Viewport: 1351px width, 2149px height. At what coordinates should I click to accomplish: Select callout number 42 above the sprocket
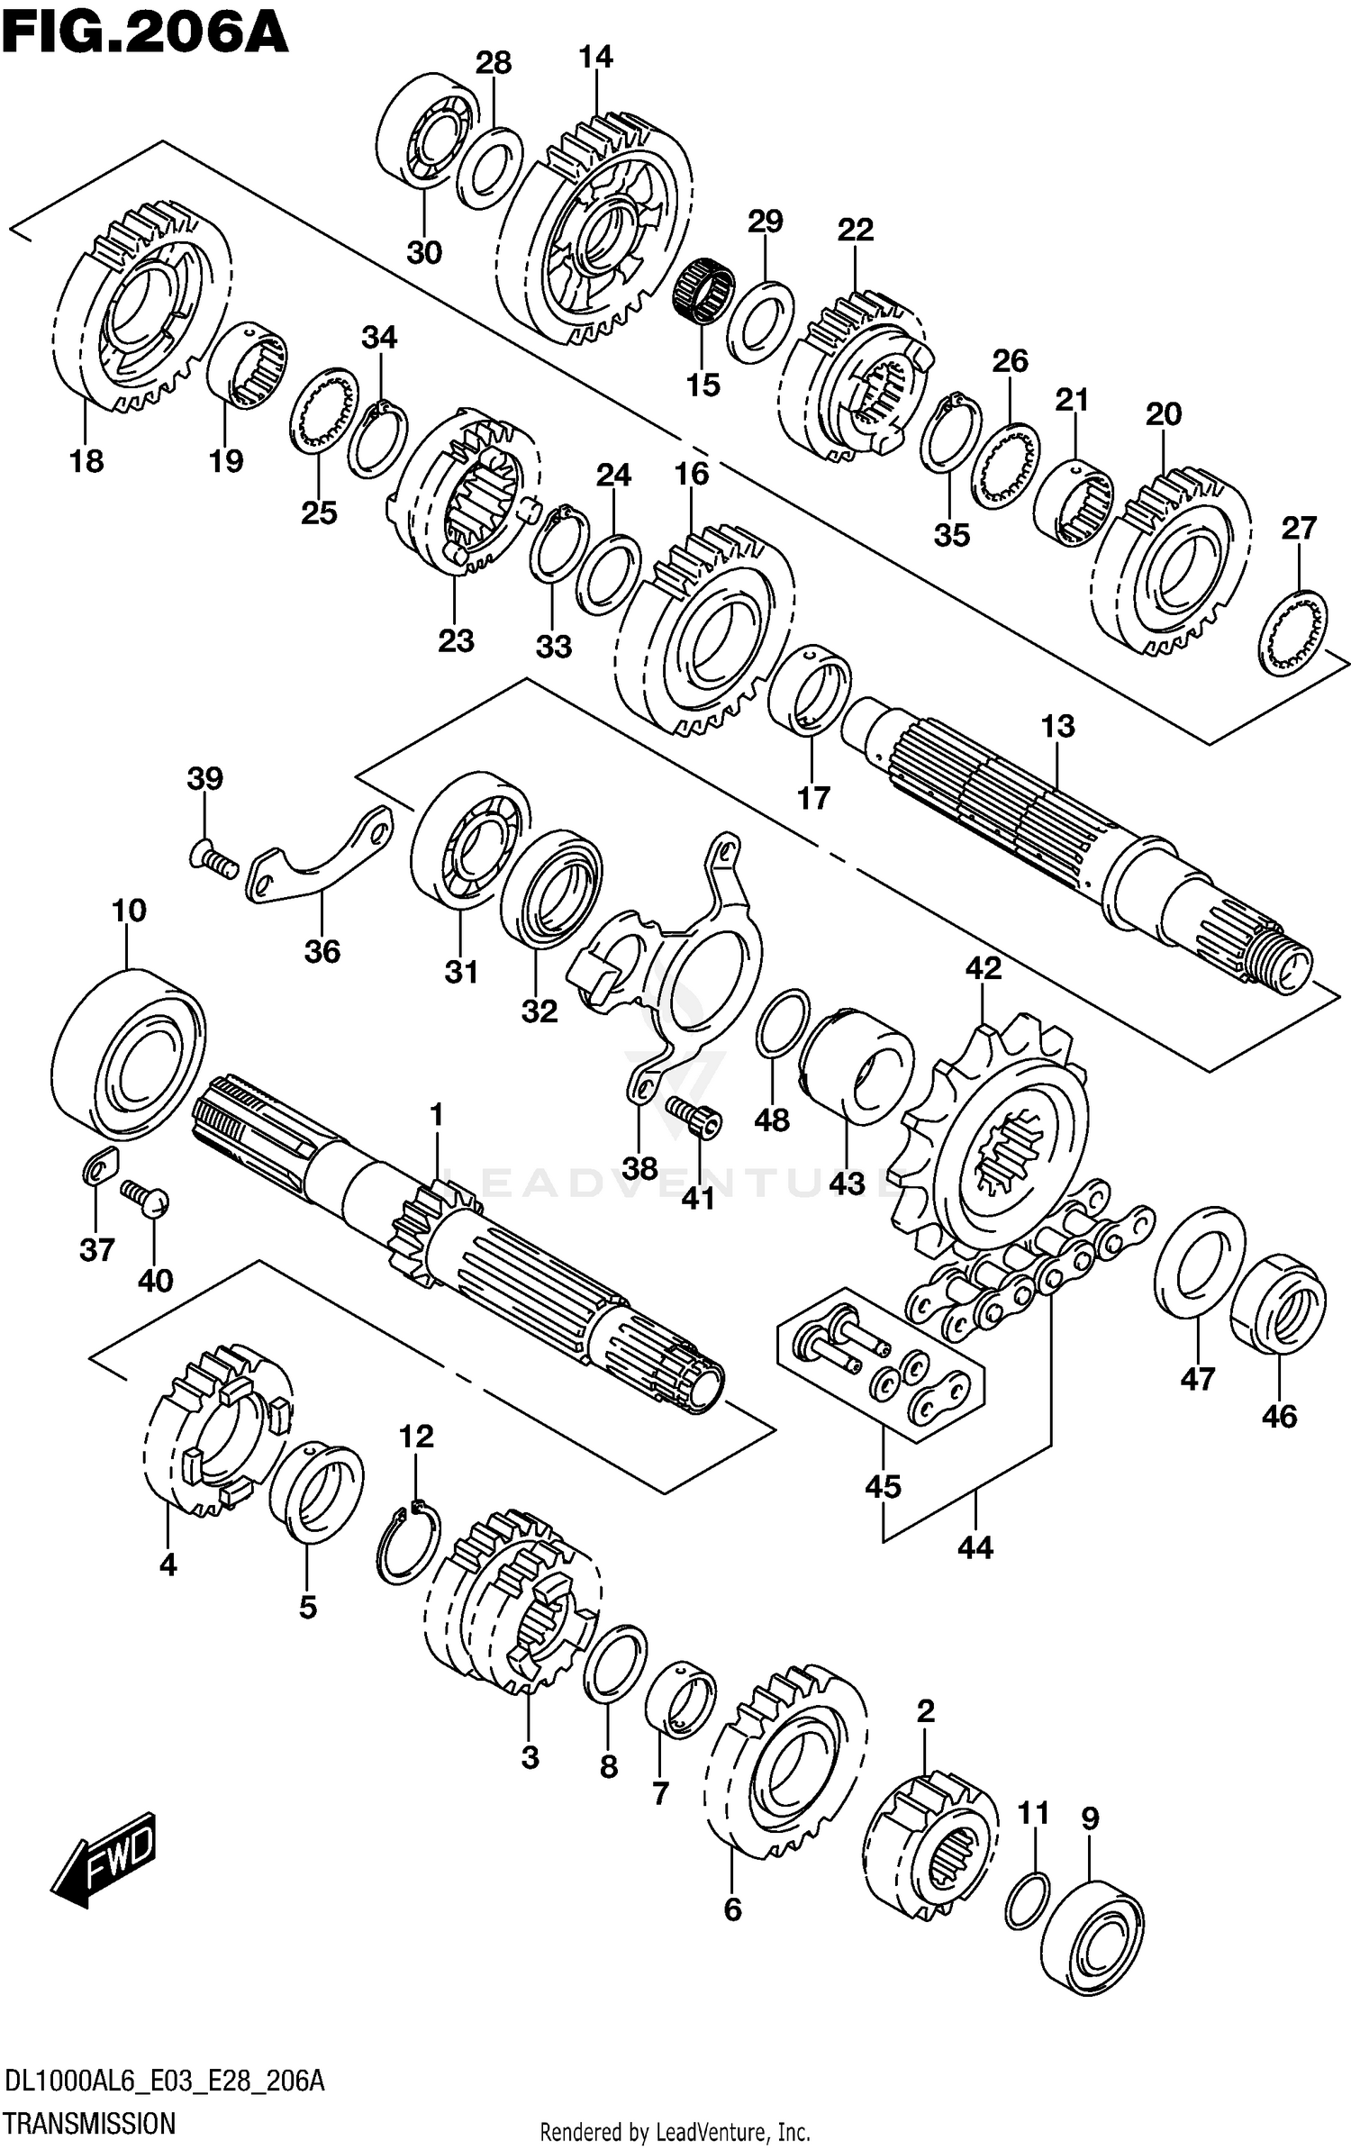point(983,968)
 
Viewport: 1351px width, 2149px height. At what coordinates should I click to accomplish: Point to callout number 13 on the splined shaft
point(1057,726)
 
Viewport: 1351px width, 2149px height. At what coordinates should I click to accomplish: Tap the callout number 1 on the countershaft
point(437,1116)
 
